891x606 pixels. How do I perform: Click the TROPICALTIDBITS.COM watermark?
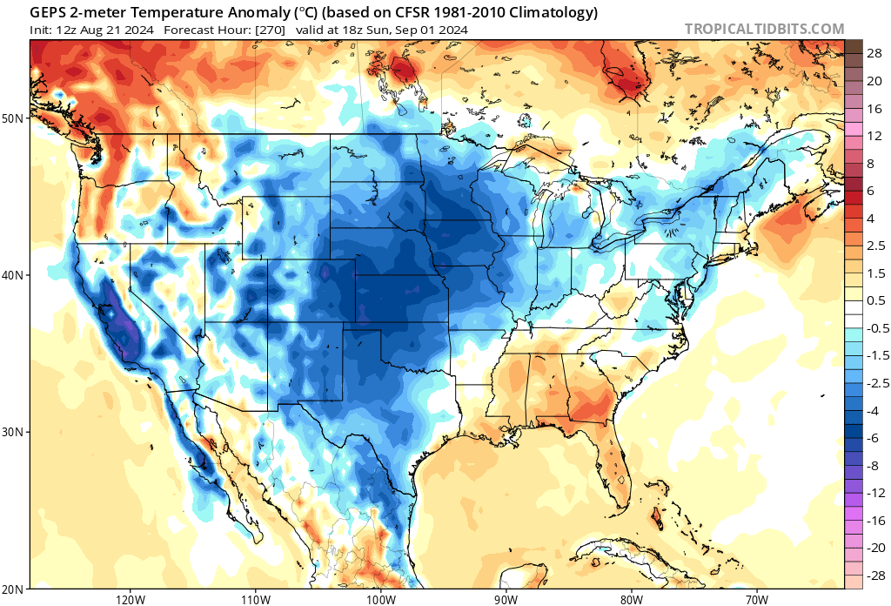(x=764, y=29)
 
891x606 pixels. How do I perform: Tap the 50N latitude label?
(x=15, y=118)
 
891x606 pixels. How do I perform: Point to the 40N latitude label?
(x=15, y=275)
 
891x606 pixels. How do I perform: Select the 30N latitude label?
(x=15, y=432)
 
